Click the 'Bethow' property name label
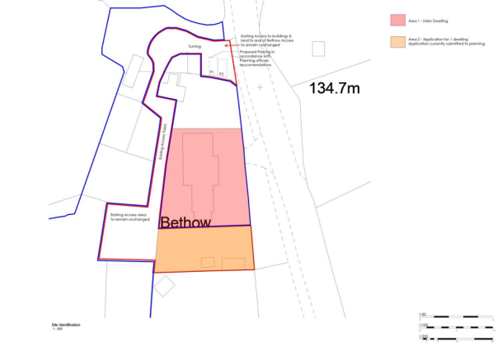point(185,222)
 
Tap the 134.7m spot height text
point(336,87)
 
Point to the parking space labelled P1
point(212,73)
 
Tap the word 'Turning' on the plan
point(194,46)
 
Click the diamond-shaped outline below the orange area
point(164,286)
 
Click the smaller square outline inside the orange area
point(209,262)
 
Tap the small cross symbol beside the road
point(260,86)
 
